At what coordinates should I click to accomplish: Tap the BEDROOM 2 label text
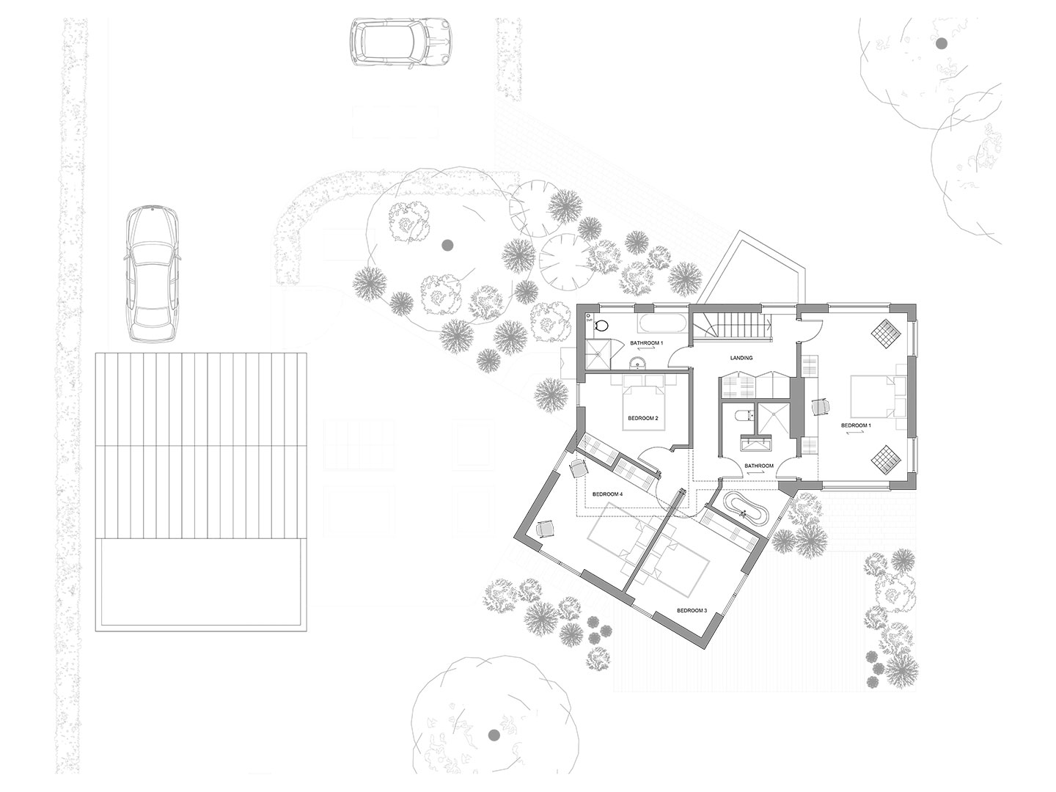[642, 418]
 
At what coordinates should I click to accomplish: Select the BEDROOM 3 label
[692, 610]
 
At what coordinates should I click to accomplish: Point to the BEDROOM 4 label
[608, 494]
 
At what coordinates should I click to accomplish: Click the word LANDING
[741, 358]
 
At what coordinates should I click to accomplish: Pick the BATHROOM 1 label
[647, 343]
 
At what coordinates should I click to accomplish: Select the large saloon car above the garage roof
[152, 274]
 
